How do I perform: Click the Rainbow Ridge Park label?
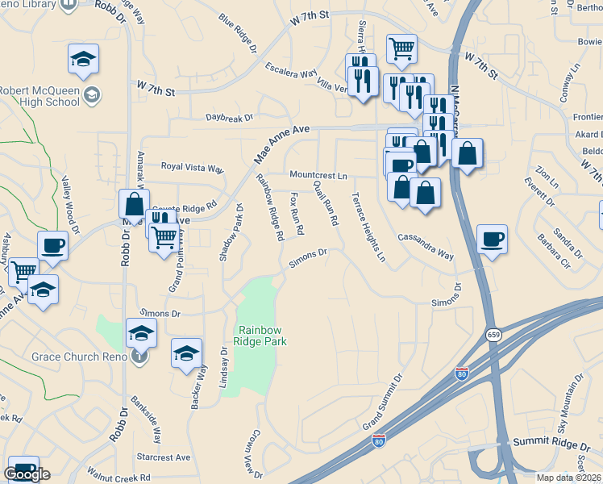point(262,336)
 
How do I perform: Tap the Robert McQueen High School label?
point(40,96)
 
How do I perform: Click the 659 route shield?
point(493,334)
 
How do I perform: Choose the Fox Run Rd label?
point(297,213)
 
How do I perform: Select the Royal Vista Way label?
point(192,168)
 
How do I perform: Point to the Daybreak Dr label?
point(230,119)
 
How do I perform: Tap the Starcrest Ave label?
point(164,457)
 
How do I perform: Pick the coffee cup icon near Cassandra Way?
point(492,239)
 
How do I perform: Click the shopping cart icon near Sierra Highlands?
point(401,47)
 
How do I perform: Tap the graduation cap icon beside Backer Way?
point(186,353)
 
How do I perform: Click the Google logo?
point(27,474)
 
